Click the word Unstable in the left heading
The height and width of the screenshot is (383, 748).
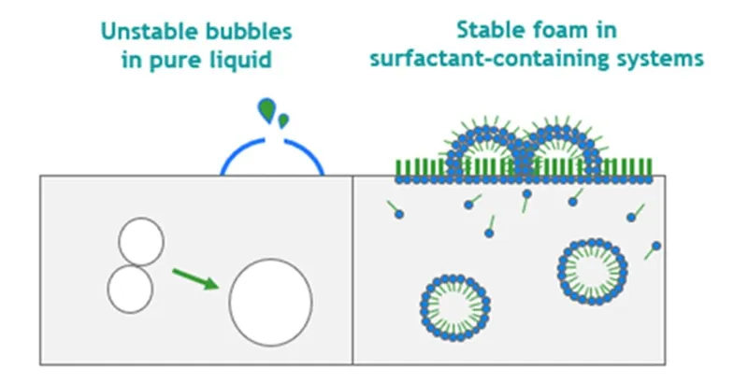pos(150,32)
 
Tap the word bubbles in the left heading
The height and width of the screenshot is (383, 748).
pos(249,32)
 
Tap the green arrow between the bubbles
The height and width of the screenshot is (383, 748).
pos(195,279)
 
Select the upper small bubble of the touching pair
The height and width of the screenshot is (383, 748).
pos(141,242)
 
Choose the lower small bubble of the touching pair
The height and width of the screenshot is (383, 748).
pos(130,290)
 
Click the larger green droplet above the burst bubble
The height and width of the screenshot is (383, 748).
pos(266,110)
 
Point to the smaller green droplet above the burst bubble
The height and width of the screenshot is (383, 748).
pos(283,121)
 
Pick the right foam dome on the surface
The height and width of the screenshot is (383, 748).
pos(559,128)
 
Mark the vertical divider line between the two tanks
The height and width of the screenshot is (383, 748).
pos(353,270)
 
